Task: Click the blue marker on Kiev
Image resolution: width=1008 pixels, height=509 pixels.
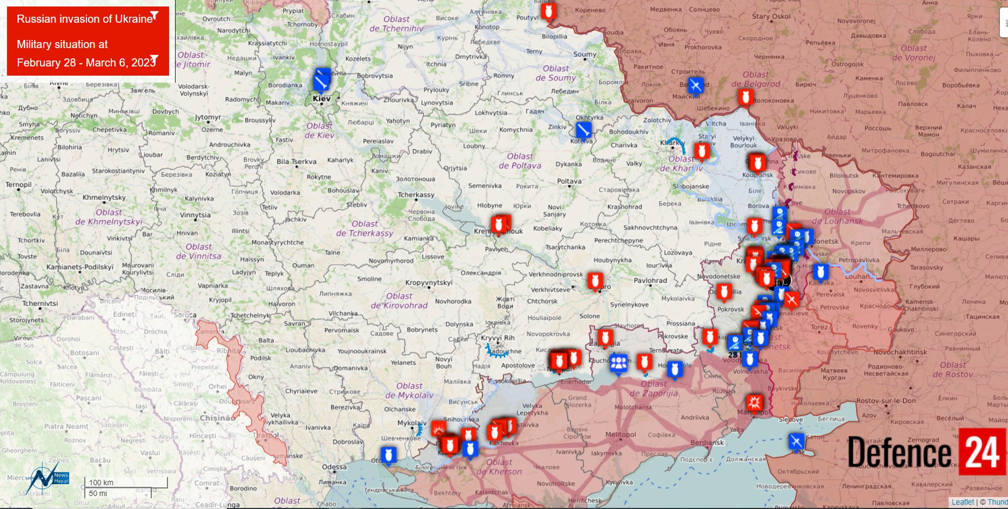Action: pyautogui.click(x=322, y=81)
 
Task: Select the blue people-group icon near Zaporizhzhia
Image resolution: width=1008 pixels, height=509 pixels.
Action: pyautogui.click(x=619, y=363)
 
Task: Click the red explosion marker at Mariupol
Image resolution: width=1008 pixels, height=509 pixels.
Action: pyautogui.click(x=754, y=403)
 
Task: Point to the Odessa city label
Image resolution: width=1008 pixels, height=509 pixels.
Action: pyautogui.click(x=334, y=467)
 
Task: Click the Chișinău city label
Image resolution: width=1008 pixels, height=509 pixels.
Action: pyautogui.click(x=217, y=418)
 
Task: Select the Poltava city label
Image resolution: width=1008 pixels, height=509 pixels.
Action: pyautogui.click(x=569, y=182)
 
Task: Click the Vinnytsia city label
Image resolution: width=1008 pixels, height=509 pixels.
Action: pyautogui.click(x=195, y=215)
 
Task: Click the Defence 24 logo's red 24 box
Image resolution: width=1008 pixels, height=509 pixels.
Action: pyautogui.click(x=982, y=452)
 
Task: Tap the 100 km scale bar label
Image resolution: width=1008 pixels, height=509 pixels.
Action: pyautogui.click(x=101, y=483)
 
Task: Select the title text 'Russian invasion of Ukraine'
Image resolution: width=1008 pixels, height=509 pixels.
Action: pyautogui.click(x=85, y=19)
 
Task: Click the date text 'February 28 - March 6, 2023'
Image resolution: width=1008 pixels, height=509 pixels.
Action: pyautogui.click(x=86, y=63)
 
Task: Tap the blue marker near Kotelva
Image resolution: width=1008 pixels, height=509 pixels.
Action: pyautogui.click(x=583, y=130)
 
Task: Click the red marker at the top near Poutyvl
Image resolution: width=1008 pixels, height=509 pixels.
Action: pyautogui.click(x=549, y=11)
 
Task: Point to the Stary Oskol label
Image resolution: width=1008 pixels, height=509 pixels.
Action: pyautogui.click(x=771, y=16)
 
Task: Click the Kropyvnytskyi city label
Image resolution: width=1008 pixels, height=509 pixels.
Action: pyautogui.click(x=429, y=283)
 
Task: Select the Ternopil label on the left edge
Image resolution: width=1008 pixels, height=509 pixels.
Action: pyautogui.click(x=18, y=185)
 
